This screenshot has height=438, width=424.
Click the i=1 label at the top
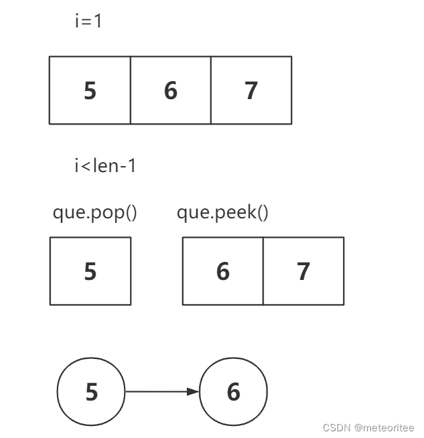click(88, 21)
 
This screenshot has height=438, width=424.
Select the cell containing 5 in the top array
click(90, 90)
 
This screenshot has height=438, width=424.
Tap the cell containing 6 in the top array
click(170, 90)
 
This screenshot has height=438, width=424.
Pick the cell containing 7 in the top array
click(251, 90)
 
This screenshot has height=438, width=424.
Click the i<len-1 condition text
click(105, 166)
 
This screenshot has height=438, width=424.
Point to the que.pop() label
click(94, 213)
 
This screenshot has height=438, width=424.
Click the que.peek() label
click(222, 213)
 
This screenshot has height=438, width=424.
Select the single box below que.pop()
click(90, 271)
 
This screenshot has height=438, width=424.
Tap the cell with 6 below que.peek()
click(223, 271)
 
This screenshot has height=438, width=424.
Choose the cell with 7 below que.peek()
click(303, 271)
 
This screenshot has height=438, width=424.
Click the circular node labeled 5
click(91, 392)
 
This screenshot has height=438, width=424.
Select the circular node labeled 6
click(233, 392)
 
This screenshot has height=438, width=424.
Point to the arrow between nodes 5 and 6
click(161, 392)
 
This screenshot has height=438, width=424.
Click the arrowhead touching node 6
click(194, 392)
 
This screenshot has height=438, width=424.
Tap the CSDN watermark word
click(336, 428)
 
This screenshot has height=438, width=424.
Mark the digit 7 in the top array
click(251, 90)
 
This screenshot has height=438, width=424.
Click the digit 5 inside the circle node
click(91, 392)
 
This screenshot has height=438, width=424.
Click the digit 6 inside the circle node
click(233, 392)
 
